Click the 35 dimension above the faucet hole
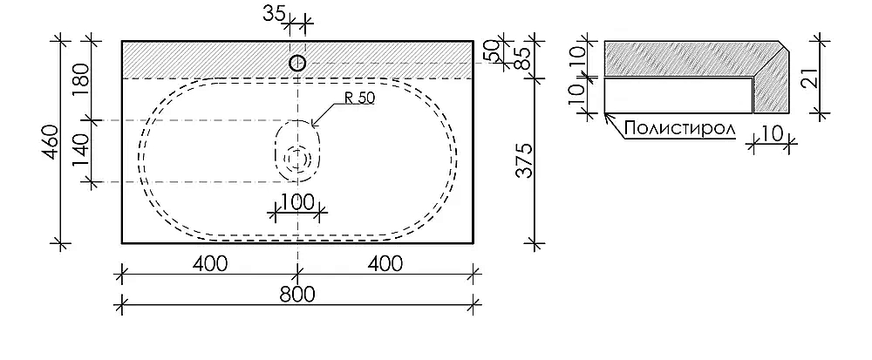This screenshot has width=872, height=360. tap(274, 13)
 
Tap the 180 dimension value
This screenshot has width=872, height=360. tap(81, 80)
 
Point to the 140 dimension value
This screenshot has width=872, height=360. tap(81, 151)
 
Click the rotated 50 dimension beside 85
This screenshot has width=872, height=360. tap(492, 51)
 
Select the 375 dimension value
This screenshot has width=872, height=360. tap(524, 160)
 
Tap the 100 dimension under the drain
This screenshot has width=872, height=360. tap(296, 203)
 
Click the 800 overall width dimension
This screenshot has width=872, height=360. tap(297, 294)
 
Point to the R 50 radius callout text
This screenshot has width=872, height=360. tap(359, 98)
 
